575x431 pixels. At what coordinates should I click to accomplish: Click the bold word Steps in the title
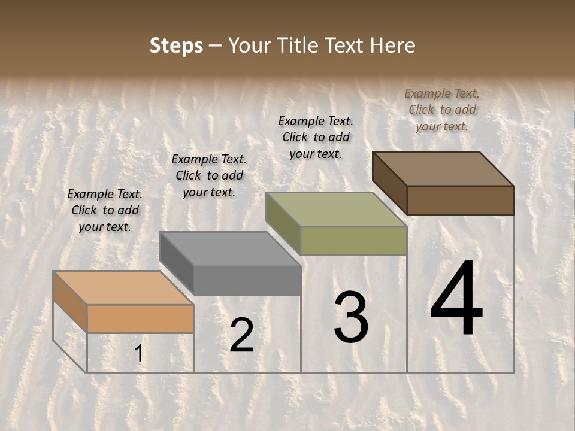[176, 45]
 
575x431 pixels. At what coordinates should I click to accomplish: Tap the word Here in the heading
[393, 45]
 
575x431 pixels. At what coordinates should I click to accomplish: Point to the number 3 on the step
[351, 317]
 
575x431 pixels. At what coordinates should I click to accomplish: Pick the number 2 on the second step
[242, 335]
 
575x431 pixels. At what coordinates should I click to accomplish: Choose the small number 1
[139, 354]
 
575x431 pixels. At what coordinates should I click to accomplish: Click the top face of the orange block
[123, 288]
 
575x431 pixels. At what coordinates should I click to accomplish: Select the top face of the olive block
[335, 210]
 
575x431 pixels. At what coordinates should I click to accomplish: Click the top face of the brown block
[443, 169]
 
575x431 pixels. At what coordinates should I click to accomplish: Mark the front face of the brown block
[460, 200]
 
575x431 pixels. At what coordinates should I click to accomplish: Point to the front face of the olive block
[353, 241]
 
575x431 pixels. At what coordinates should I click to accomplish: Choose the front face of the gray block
[247, 280]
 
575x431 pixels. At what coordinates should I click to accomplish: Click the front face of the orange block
[140, 318]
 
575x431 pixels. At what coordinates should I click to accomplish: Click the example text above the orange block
[105, 210]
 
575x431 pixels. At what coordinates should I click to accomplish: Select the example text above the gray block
[209, 175]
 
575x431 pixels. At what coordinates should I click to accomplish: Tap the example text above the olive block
[316, 137]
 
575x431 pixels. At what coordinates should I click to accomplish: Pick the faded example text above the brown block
[442, 110]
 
